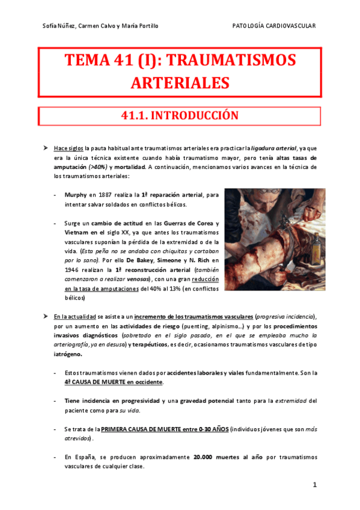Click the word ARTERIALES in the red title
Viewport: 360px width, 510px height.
tap(180, 82)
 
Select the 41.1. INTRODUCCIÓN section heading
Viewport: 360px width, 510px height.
tap(180, 115)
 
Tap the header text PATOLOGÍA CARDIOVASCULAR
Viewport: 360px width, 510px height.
tap(273, 25)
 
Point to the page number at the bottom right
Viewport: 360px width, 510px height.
tap(313, 484)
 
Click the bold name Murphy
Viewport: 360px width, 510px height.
tap(76, 195)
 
